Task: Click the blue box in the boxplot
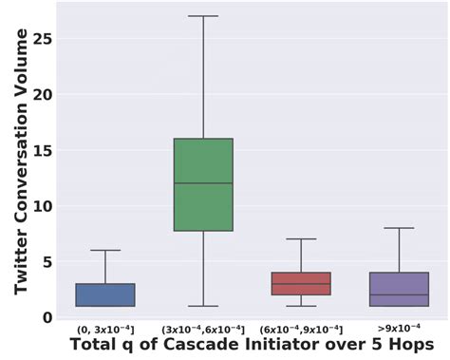click(x=104, y=294)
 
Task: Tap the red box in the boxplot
click(x=300, y=284)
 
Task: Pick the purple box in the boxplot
click(x=398, y=289)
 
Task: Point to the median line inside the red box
click(x=300, y=284)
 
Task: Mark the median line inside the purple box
click(x=398, y=294)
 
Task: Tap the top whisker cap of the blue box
click(x=104, y=250)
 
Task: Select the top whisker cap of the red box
click(x=300, y=239)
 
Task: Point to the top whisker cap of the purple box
click(x=398, y=228)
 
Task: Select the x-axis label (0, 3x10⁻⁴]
click(x=104, y=329)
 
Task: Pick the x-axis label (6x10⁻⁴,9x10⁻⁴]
click(x=300, y=329)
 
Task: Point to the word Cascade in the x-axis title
click(x=208, y=345)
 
